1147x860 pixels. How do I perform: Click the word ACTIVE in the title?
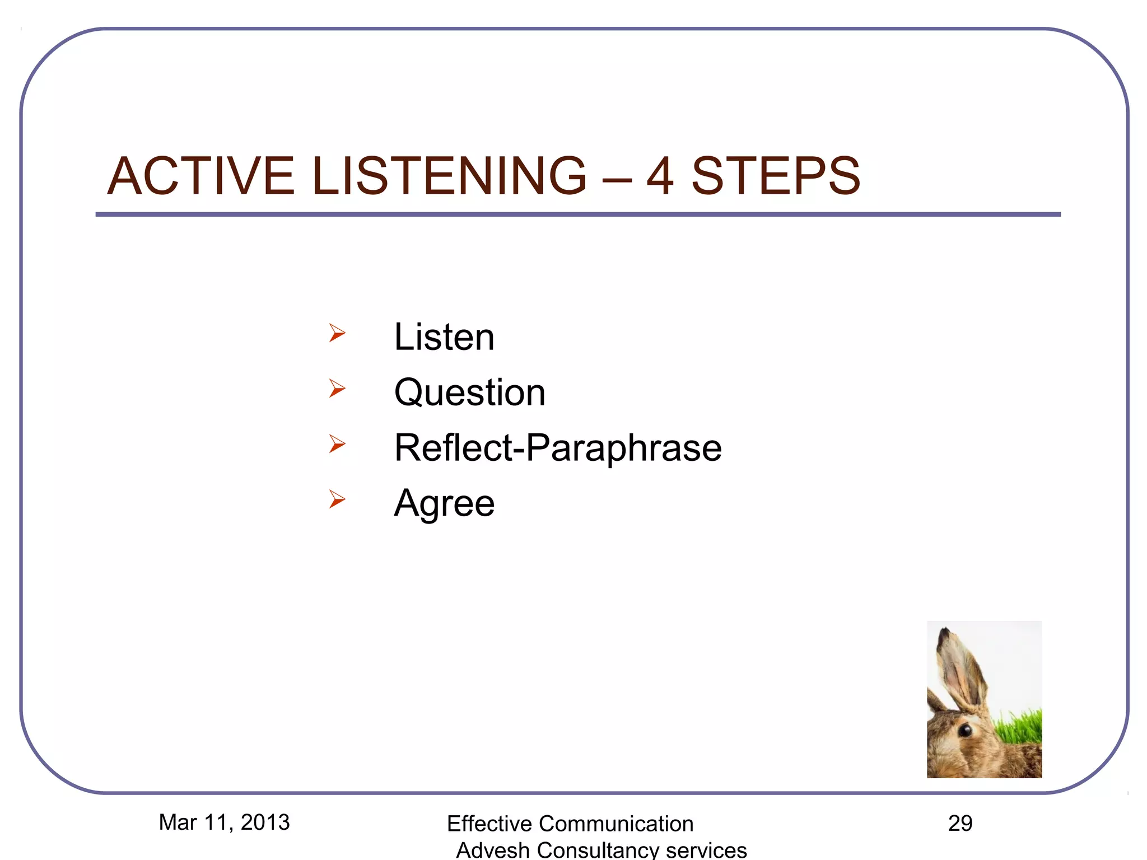pos(201,176)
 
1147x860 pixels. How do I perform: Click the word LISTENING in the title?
pos(449,176)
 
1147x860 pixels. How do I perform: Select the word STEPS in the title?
pos(776,176)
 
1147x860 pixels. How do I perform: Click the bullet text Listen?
pos(444,337)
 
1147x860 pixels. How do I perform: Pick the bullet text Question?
pos(469,392)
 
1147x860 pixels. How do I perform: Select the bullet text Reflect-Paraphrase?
pos(558,447)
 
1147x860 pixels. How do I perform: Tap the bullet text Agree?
pos(444,503)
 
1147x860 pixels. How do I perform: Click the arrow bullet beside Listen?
pos(337,333)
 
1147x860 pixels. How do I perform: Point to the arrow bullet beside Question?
pos(337,388)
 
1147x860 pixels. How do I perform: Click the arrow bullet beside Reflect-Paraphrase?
pos(337,443)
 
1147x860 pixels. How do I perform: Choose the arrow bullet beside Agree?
pos(337,499)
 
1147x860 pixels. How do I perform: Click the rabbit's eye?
pos(965,730)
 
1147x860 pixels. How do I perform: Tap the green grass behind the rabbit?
pos(1022,728)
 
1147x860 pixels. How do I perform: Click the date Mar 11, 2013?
pos(224,822)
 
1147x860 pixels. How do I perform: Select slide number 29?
pos(960,824)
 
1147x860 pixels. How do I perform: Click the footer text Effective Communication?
pos(570,824)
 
